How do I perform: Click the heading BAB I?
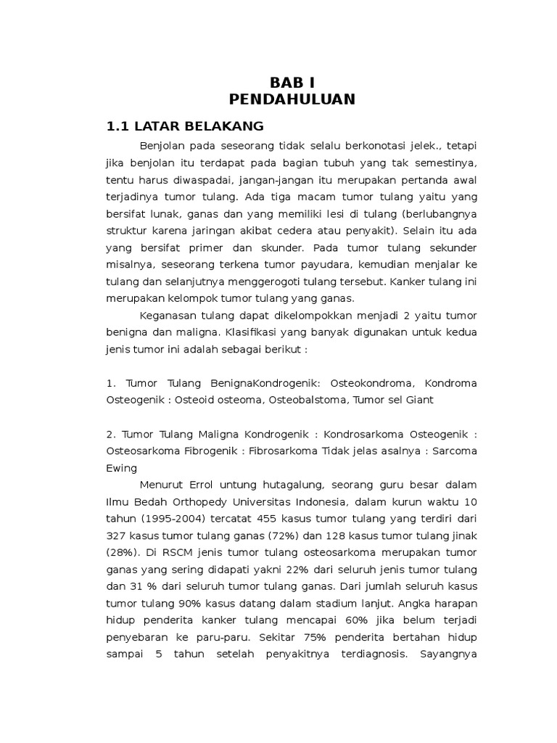(292, 82)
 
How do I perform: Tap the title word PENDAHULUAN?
(292, 99)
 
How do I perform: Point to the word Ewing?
(121, 468)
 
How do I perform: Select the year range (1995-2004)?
(171, 519)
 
